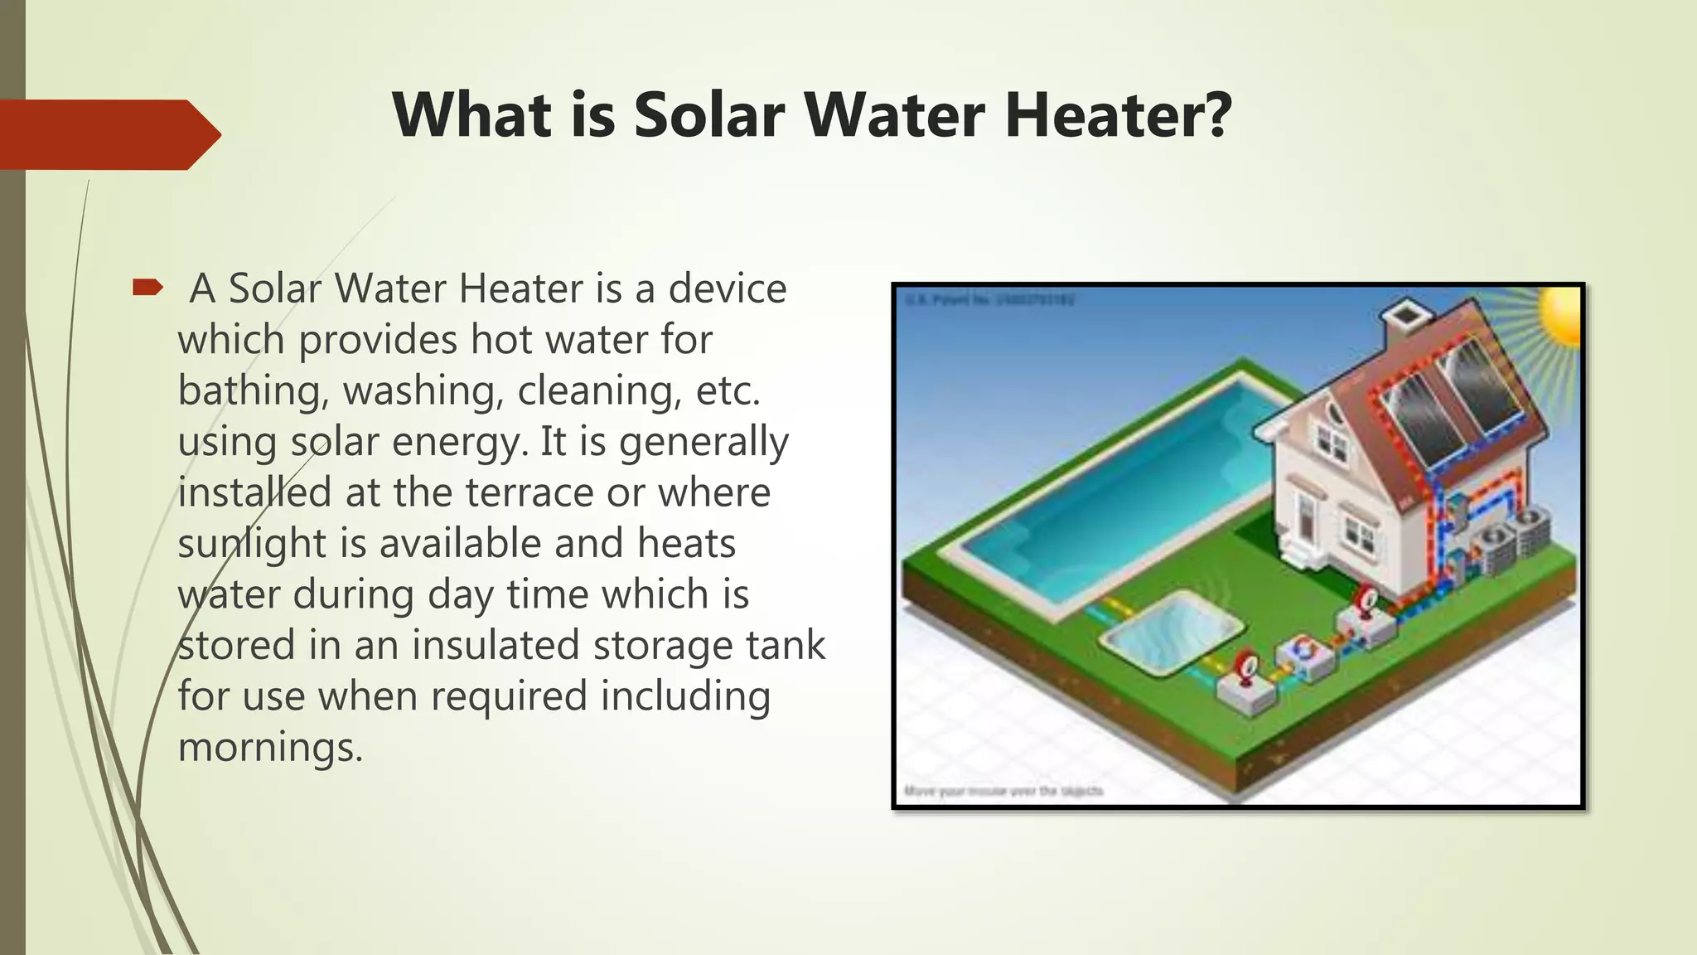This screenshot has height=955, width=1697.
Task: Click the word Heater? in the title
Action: [x=1118, y=114]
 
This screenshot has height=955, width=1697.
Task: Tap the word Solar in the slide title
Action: [x=708, y=114]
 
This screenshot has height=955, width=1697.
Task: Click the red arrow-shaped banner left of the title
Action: [x=108, y=134]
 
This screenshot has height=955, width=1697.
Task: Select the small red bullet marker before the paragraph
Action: [x=147, y=288]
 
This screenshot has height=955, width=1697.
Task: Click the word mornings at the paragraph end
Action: [x=269, y=747]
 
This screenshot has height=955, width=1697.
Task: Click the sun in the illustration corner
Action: [x=1562, y=315]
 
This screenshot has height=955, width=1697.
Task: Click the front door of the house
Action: [x=1307, y=517]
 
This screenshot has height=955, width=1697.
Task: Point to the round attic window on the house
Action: [x=1333, y=411]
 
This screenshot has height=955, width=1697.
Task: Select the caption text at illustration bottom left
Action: [x=1003, y=791]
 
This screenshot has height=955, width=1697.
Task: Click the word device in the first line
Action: [x=727, y=288]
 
